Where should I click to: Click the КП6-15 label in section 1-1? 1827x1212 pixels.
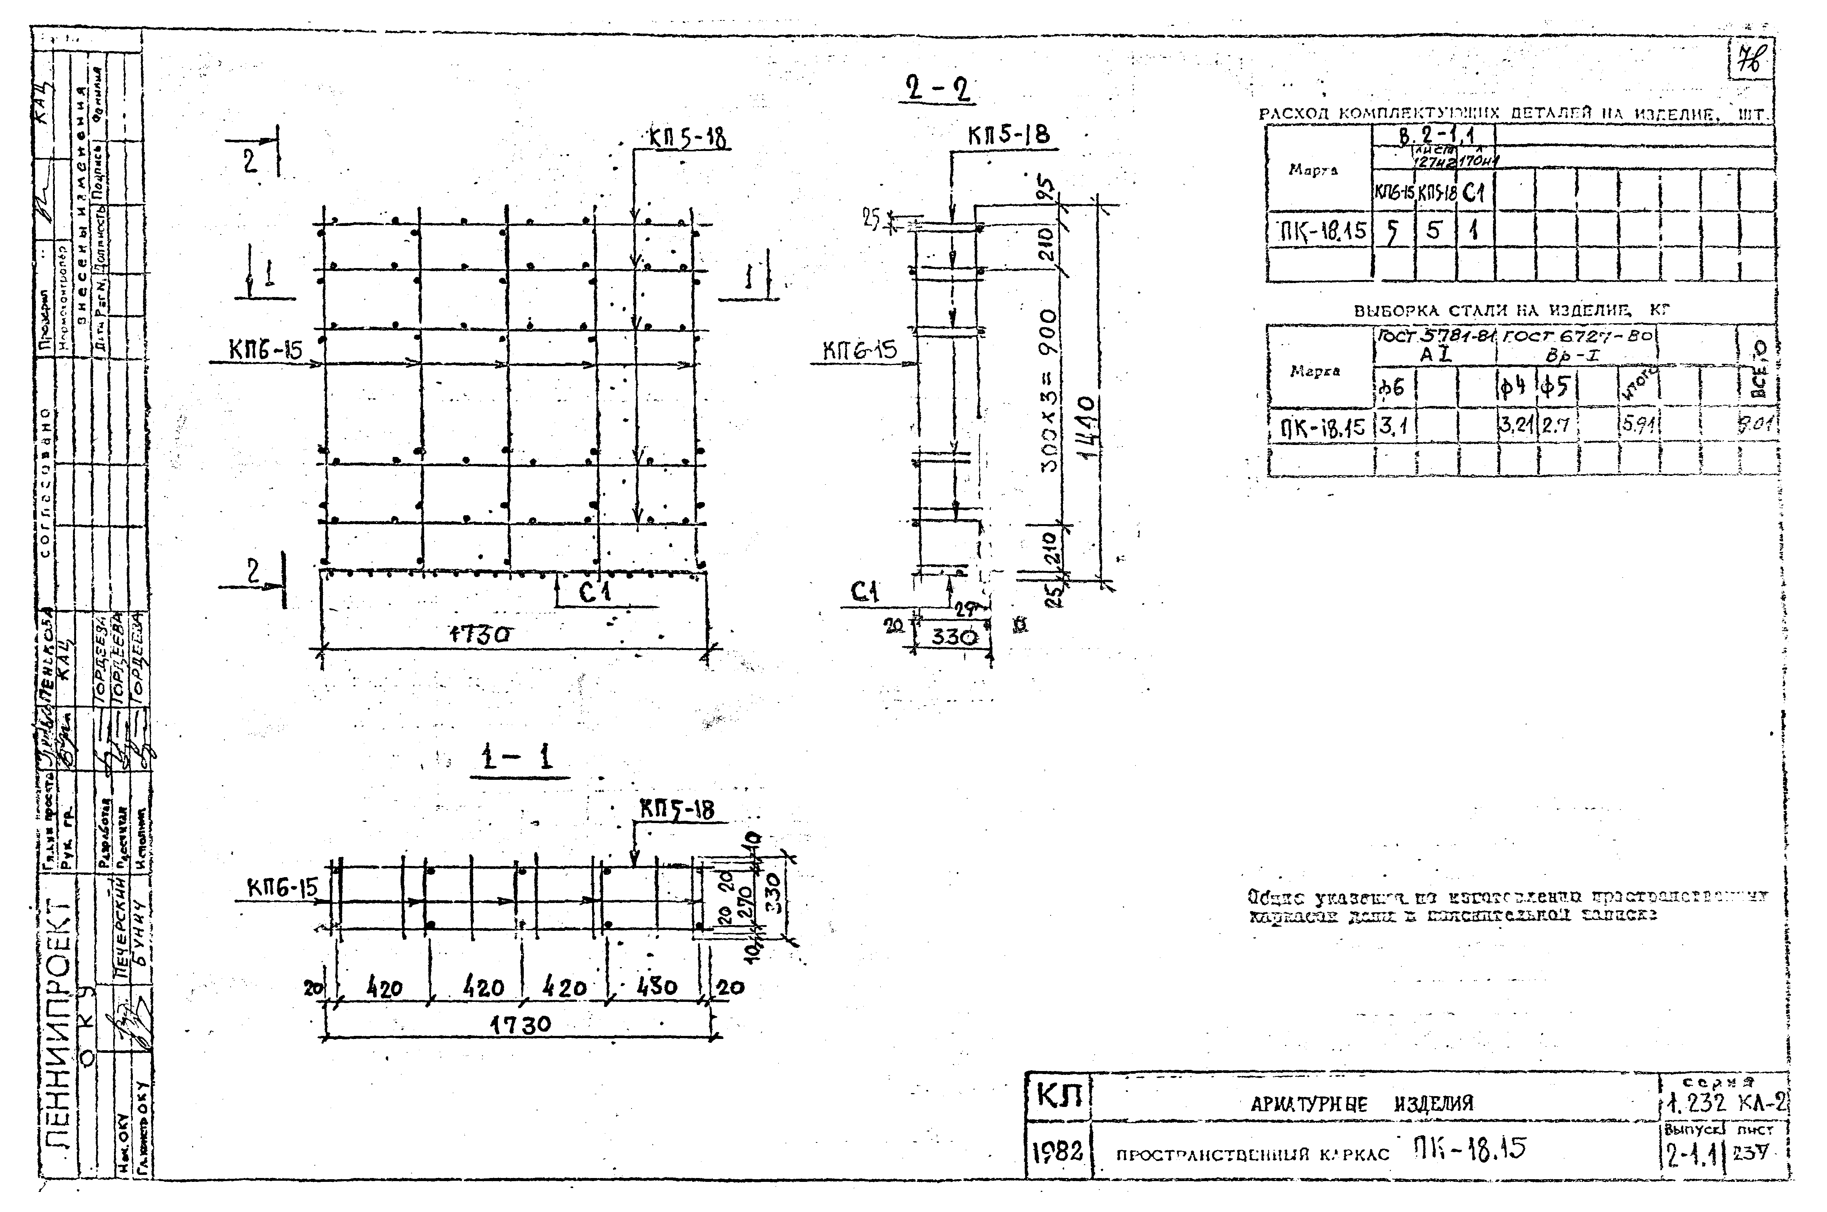point(283,889)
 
